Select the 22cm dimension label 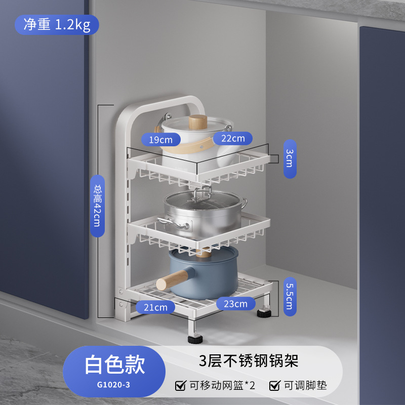(x=232, y=138)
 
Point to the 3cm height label (x=290, y=159)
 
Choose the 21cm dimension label (x=155, y=307)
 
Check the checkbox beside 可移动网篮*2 (x=180, y=386)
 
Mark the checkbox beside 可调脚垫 (x=274, y=386)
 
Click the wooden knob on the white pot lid (x=198, y=123)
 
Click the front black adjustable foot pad (x=195, y=338)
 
